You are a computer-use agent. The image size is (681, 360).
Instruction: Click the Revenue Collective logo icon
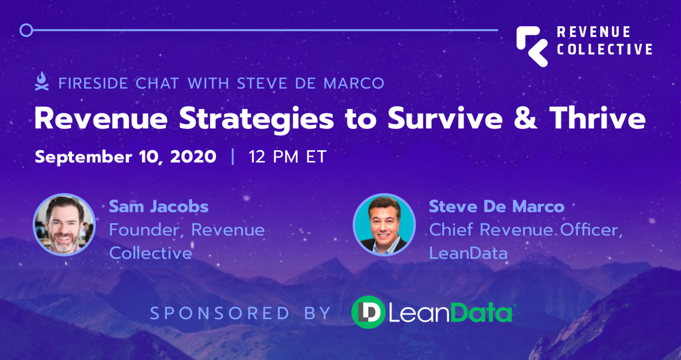(532, 46)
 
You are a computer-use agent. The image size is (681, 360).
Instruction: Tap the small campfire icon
(42, 82)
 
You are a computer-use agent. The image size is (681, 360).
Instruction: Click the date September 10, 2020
(125, 157)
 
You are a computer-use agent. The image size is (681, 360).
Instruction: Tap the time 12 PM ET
(287, 157)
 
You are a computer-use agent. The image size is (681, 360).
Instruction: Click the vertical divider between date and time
(232, 157)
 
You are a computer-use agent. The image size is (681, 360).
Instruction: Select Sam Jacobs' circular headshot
(64, 225)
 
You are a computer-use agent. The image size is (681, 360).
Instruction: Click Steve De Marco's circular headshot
(384, 225)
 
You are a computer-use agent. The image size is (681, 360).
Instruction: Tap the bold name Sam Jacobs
(158, 206)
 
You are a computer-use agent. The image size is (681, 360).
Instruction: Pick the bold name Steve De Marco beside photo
(496, 206)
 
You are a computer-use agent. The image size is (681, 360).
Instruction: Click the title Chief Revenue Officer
(526, 230)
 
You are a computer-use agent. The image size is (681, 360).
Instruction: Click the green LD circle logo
(368, 312)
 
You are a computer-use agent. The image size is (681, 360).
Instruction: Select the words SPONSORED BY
(240, 313)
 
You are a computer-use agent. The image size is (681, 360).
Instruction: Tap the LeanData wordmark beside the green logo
(451, 313)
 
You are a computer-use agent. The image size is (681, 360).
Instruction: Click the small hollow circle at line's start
(26, 30)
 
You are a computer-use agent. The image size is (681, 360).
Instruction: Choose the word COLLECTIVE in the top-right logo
(604, 49)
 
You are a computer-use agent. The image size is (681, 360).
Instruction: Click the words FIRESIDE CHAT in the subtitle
(118, 83)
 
